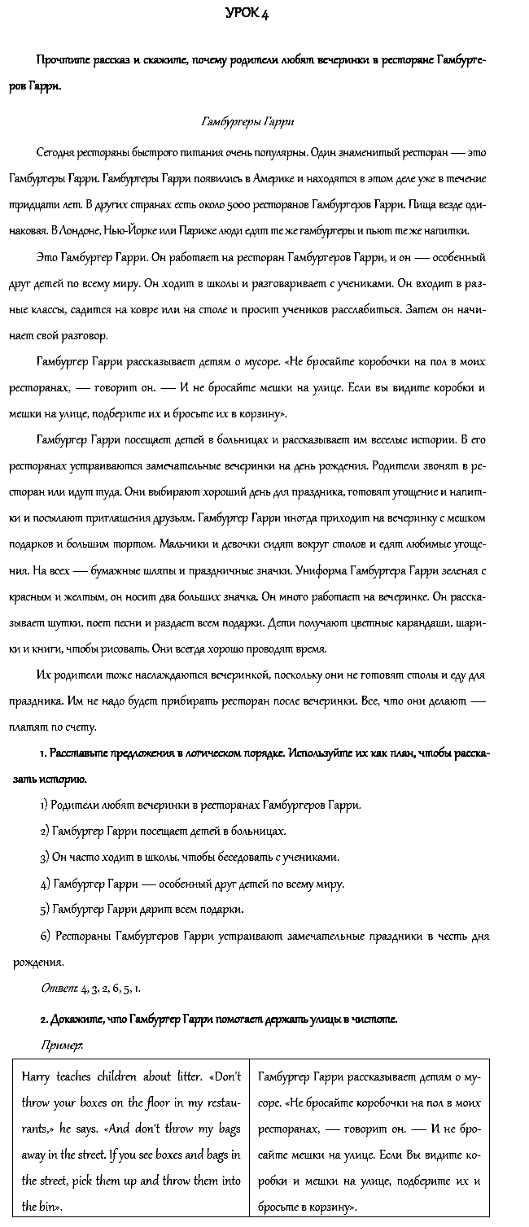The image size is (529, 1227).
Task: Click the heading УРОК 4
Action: pyautogui.click(x=247, y=14)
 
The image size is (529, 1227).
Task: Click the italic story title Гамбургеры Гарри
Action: pyautogui.click(x=247, y=122)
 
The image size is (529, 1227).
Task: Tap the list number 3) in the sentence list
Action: pyautogui.click(x=45, y=857)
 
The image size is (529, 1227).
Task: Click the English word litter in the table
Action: pyautogui.click(x=184, y=1077)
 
